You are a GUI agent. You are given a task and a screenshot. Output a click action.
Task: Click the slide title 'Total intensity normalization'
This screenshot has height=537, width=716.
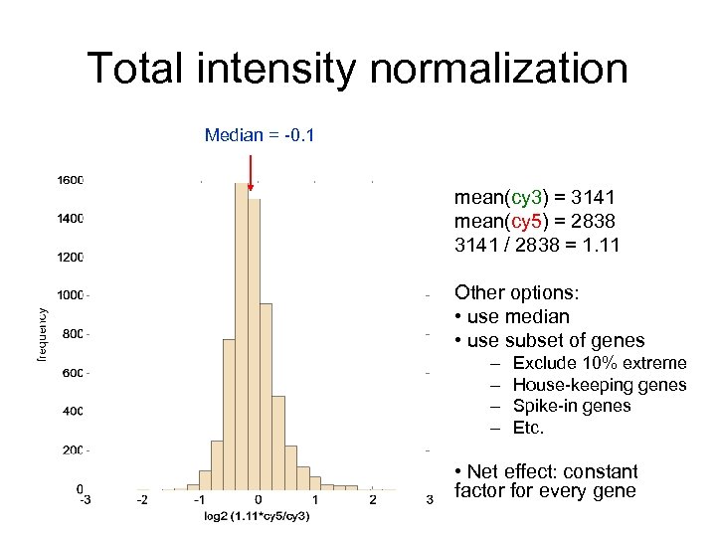click(x=357, y=70)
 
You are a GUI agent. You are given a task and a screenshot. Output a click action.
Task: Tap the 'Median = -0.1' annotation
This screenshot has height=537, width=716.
click(x=260, y=135)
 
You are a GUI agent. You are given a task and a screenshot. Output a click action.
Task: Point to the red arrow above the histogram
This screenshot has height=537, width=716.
click(x=250, y=171)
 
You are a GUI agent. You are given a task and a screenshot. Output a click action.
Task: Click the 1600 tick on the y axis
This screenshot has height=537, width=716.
click(x=70, y=181)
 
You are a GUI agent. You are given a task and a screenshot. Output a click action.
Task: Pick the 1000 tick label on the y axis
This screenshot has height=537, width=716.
click(x=70, y=295)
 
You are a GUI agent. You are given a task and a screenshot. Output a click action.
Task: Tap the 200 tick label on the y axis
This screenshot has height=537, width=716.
click(x=72, y=450)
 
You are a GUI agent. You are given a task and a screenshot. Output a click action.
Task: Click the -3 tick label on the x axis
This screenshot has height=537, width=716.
click(x=87, y=499)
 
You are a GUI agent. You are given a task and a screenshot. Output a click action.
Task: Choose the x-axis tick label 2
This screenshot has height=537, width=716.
click(x=372, y=499)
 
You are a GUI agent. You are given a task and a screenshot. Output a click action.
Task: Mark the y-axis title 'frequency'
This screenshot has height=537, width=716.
click(x=43, y=333)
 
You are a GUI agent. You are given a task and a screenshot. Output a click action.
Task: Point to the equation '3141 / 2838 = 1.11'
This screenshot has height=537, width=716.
click(x=536, y=245)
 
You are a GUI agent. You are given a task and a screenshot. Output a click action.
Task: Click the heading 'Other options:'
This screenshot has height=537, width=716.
click(x=516, y=293)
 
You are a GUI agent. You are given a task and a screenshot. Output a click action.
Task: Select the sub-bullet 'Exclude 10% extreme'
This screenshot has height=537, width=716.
click(x=599, y=363)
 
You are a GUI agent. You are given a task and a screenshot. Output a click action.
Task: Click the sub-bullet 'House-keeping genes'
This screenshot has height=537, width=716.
click(x=599, y=385)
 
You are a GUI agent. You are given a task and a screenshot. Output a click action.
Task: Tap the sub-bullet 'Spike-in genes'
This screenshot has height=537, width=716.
click(x=571, y=406)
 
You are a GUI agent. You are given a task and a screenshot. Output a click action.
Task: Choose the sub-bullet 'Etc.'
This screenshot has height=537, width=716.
click(x=528, y=428)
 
